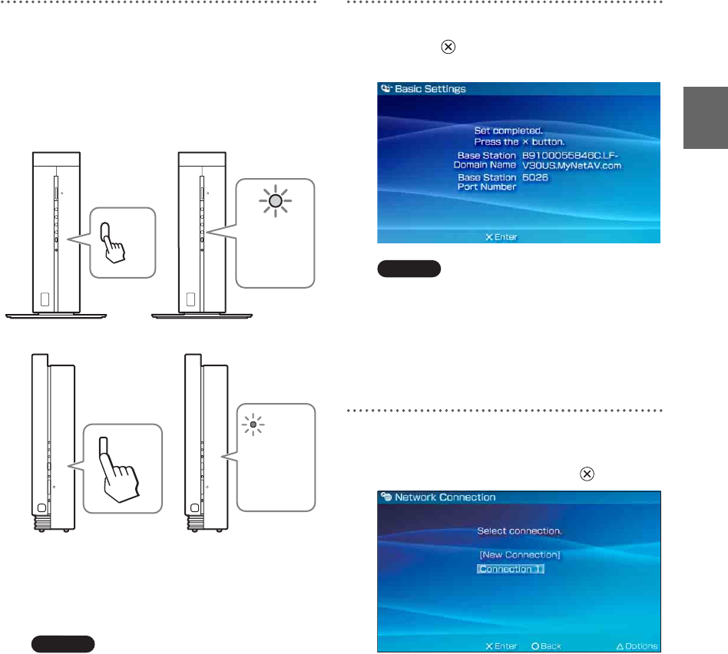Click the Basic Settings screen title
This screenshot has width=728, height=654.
point(430,89)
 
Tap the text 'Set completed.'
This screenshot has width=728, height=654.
point(508,130)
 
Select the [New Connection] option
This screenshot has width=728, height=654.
point(519,554)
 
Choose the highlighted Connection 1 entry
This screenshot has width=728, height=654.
point(510,570)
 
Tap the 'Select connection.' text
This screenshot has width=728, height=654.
point(519,531)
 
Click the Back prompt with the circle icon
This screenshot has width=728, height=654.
point(546,646)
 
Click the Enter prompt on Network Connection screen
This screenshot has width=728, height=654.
point(501,646)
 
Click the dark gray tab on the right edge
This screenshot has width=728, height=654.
point(705,117)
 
